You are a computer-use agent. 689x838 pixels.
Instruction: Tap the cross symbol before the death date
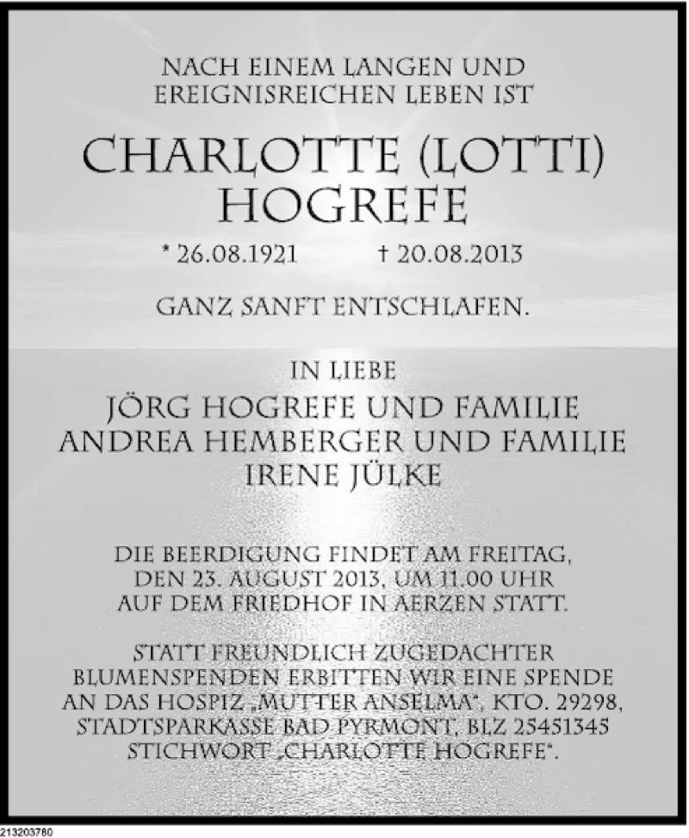(383, 254)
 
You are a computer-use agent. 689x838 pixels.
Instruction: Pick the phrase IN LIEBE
(344, 372)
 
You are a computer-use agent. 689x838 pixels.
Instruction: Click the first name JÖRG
(153, 406)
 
